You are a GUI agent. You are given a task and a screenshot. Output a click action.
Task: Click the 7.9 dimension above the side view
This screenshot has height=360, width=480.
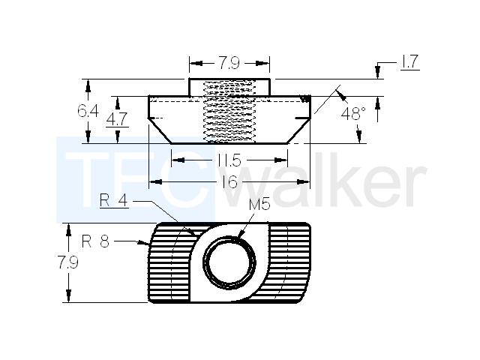pyautogui.click(x=229, y=63)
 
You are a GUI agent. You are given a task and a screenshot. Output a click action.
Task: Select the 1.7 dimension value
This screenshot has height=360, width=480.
pyautogui.click(x=409, y=61)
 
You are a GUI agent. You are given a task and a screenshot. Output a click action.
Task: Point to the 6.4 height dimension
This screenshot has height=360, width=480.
pyautogui.click(x=88, y=111)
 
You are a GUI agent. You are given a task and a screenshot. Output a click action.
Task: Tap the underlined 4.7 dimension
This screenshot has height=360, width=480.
pyautogui.click(x=117, y=119)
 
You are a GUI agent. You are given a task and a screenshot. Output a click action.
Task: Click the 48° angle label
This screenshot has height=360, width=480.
pyautogui.click(x=353, y=114)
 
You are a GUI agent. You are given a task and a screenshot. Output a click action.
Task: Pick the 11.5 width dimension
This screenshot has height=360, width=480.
pyautogui.click(x=229, y=160)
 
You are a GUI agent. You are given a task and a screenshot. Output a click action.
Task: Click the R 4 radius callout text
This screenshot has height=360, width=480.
pyautogui.click(x=113, y=201)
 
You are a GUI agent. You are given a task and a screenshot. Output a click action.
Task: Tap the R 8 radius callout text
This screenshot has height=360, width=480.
pyautogui.click(x=95, y=241)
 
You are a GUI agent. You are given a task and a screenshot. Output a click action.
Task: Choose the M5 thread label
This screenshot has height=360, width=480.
pyautogui.click(x=259, y=204)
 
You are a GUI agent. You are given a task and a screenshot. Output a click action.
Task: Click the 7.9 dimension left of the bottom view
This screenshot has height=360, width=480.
pyautogui.click(x=68, y=262)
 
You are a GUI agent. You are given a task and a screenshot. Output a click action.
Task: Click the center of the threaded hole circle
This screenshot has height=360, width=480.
pyautogui.click(x=229, y=262)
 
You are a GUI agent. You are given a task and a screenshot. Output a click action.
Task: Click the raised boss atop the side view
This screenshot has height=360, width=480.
pyautogui.click(x=229, y=87)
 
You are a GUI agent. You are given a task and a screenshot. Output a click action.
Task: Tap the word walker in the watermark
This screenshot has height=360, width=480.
pyautogui.click(x=325, y=183)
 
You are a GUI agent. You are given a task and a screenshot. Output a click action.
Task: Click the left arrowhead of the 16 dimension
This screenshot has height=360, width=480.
pyautogui.click(x=156, y=181)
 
